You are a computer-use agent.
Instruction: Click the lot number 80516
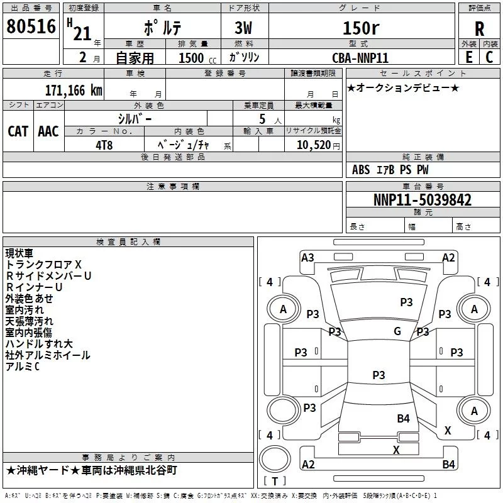coord(31,26)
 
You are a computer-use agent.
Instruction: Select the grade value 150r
coord(361,28)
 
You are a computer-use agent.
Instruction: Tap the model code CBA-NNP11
coord(360,58)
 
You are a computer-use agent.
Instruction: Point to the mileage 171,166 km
coord(74,91)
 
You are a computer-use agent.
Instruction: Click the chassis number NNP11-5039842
coord(423,200)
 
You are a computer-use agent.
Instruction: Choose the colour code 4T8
coord(104,145)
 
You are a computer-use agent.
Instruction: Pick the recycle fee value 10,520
coord(313,145)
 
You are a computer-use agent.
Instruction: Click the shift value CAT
coord(18,131)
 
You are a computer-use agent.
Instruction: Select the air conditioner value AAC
coord(48,131)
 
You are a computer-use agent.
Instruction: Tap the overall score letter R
coord(479,29)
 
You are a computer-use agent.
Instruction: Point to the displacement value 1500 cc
coord(197,58)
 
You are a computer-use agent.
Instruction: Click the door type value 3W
coord(243,28)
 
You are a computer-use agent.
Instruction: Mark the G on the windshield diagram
coord(397,331)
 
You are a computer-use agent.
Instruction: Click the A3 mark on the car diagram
coord(307,258)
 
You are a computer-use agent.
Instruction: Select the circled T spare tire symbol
coord(275,459)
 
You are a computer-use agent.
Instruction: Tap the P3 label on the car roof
coord(379,375)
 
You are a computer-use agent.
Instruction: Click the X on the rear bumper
coord(396,450)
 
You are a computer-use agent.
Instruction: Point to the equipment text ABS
coord(361,170)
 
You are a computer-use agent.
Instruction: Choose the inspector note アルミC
coord(23,367)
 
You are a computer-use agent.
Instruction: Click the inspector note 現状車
coord(19,253)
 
